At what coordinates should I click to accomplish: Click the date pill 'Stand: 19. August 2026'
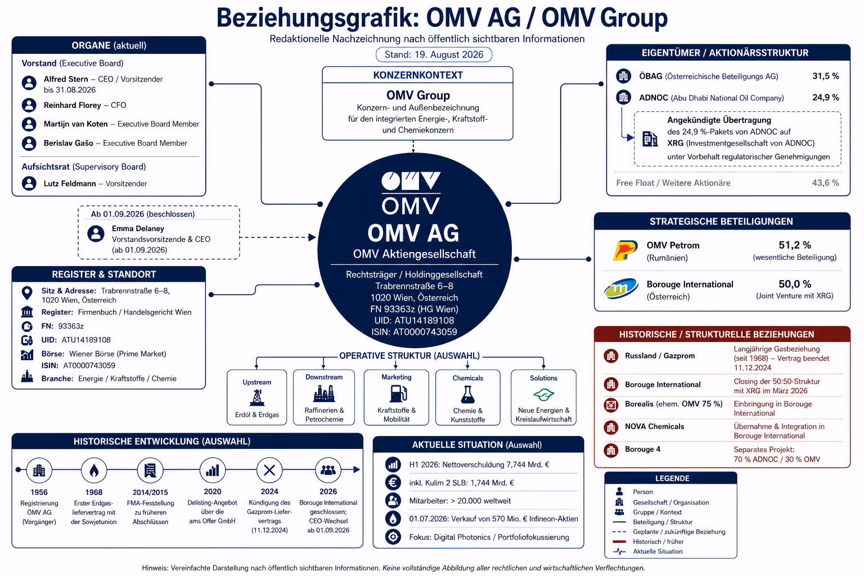(x=434, y=55)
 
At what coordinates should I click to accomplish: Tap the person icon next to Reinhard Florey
(x=29, y=105)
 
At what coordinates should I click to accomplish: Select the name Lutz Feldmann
(x=70, y=183)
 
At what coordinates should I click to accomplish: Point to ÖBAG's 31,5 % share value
(x=825, y=76)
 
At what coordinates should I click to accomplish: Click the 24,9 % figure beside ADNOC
(x=825, y=97)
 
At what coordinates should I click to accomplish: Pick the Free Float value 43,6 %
(x=825, y=183)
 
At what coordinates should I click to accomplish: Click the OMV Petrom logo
(x=625, y=250)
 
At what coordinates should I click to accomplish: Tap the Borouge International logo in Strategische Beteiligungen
(x=621, y=289)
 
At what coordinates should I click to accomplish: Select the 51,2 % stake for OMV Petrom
(x=795, y=245)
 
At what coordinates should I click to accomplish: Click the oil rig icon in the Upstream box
(x=257, y=397)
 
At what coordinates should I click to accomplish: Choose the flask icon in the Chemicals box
(x=468, y=395)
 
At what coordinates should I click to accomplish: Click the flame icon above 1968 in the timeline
(x=94, y=470)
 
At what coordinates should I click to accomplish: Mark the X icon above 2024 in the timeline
(x=269, y=470)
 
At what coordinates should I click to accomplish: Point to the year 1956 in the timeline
(x=39, y=492)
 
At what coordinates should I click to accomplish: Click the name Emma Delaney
(x=138, y=228)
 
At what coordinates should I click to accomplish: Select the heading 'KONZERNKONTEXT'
(x=418, y=75)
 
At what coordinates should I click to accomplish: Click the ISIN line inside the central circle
(x=414, y=332)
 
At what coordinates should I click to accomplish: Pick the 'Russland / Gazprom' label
(x=660, y=355)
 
